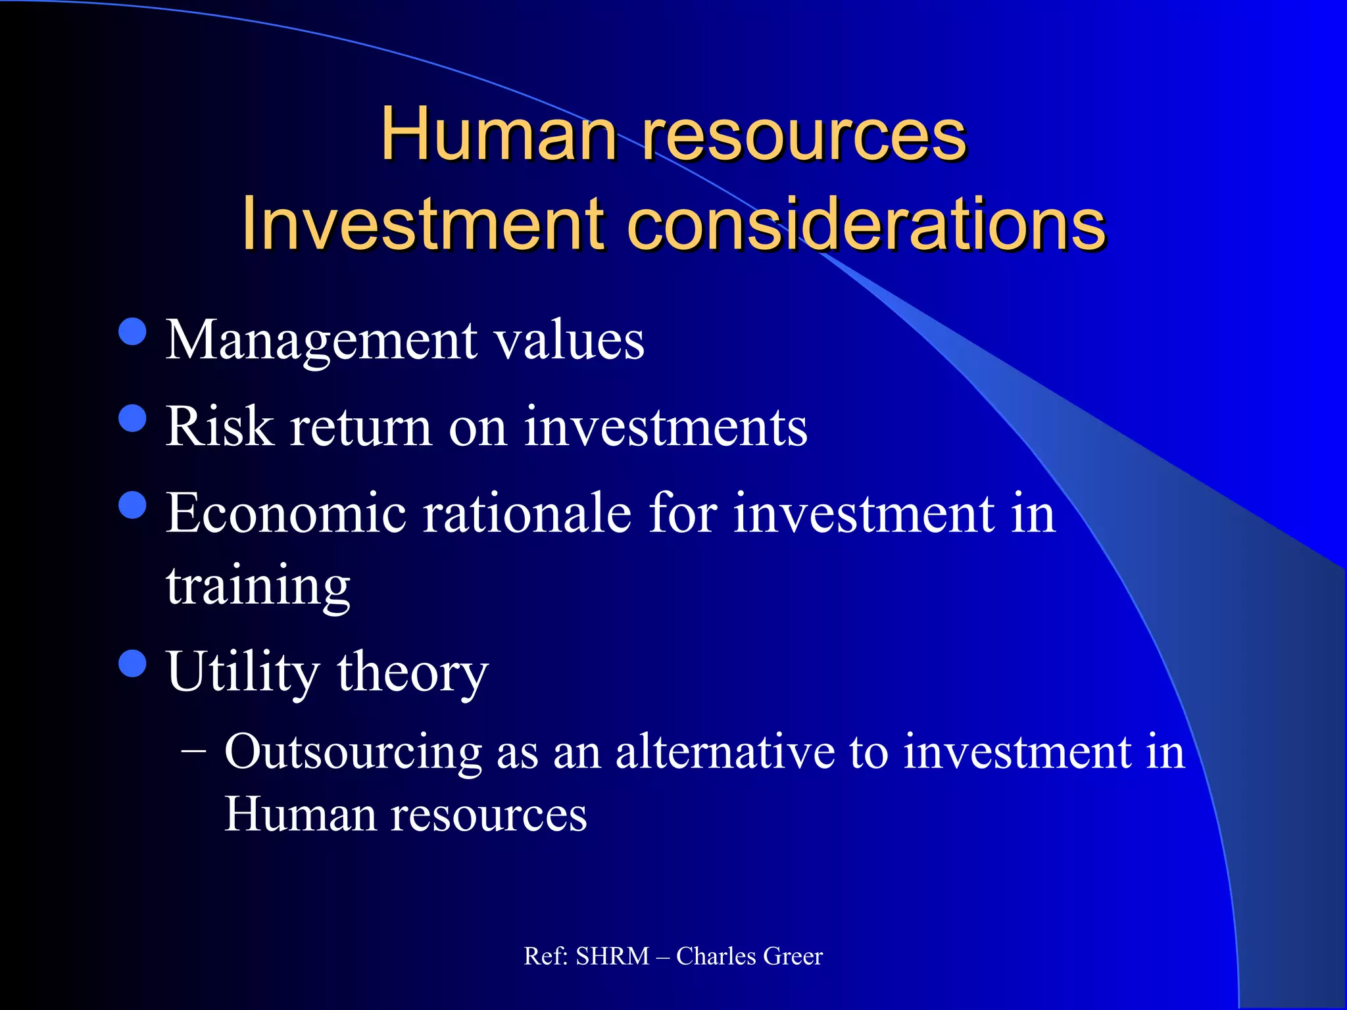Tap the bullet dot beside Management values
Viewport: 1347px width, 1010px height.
[133, 332]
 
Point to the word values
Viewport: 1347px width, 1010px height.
[569, 341]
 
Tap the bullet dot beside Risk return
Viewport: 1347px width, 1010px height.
[133, 418]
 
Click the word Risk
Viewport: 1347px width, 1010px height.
[220, 427]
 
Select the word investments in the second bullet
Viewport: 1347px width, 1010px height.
[666, 427]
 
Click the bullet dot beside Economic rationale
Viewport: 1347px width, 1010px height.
[133, 505]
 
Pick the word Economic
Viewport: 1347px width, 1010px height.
[286, 513]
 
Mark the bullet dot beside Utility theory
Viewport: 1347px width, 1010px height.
[133, 663]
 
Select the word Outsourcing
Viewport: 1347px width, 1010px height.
[353, 752]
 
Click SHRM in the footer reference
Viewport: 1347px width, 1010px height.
[612, 956]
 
